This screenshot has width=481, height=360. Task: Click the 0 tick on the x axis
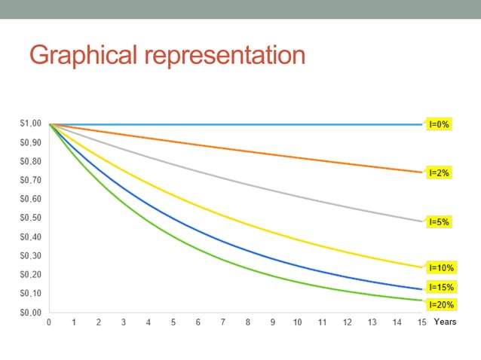49,322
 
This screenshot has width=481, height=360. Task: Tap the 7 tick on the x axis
223,322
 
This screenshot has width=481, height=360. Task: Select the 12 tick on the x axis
347,322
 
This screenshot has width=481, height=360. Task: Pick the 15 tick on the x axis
421,322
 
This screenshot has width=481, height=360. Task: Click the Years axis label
446,322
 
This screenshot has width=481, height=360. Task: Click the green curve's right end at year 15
421,300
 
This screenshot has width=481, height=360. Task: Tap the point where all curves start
49,124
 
